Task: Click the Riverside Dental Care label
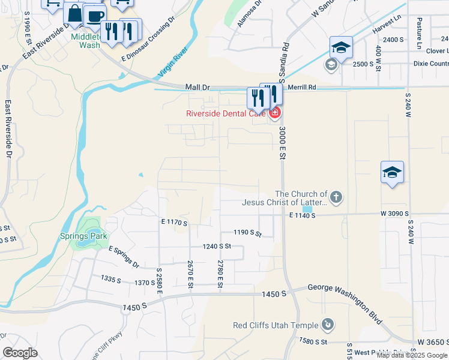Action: [226, 113]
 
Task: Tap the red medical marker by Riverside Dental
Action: [274, 112]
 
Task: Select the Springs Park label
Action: [83, 236]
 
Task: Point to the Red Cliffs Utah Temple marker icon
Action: [328, 325]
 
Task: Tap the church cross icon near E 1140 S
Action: [336, 196]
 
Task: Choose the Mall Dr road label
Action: [197, 87]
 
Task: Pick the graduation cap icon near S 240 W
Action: [393, 173]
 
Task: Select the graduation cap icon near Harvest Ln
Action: [341, 47]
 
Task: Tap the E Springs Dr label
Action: [124, 257]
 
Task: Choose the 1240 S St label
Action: [217, 246]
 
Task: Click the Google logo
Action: [20, 353]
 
